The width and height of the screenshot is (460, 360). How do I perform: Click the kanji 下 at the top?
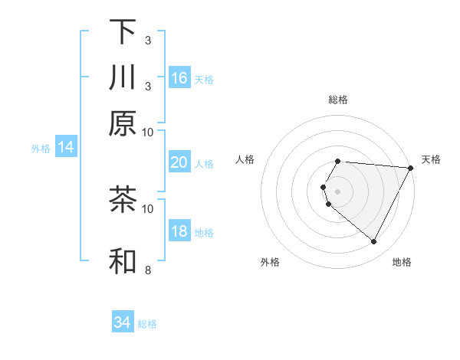coord(123,31)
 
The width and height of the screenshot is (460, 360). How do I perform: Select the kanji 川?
coord(123,77)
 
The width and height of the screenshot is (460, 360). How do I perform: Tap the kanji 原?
coord(123,123)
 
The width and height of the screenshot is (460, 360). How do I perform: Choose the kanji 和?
coord(123,261)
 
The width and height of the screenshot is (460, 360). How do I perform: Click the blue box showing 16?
coord(179,78)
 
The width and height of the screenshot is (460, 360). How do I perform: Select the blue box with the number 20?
coord(179,162)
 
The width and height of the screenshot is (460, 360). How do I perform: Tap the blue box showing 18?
coord(179,231)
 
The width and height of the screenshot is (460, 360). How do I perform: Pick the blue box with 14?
coord(66,147)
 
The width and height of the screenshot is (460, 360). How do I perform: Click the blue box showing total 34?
coord(123,322)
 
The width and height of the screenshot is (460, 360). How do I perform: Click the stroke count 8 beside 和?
coord(147,270)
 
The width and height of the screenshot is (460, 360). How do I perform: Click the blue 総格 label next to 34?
coord(147,324)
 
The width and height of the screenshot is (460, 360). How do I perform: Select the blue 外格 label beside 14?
coord(41,149)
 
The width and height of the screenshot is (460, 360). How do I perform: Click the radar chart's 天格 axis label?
coord(431,159)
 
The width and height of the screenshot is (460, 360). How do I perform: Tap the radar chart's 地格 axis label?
coord(402,262)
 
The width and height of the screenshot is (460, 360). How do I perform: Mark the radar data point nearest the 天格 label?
coord(411,168)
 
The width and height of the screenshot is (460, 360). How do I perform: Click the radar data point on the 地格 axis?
coord(374,242)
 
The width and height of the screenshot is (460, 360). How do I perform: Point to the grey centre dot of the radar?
coord(338,191)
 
